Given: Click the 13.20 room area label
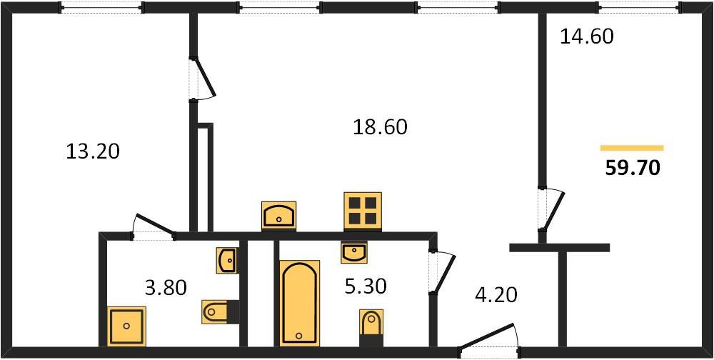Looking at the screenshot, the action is pyautogui.click(x=93, y=151).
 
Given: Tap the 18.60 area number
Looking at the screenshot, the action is pyautogui.click(x=380, y=127).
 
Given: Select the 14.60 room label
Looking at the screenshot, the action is pyautogui.click(x=586, y=36).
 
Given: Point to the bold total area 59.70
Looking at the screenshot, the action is pyautogui.click(x=633, y=169).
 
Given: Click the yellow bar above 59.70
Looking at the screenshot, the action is pyautogui.click(x=632, y=148).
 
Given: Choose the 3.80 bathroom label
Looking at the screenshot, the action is pyautogui.click(x=166, y=288).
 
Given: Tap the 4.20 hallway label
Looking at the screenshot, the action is pyautogui.click(x=496, y=295).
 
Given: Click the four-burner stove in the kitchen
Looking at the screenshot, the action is pyautogui.click(x=363, y=211).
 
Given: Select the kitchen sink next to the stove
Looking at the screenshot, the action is pyautogui.click(x=278, y=215).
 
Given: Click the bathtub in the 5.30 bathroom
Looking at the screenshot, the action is pyautogui.click(x=299, y=303).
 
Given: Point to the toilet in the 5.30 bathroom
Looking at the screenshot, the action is pyautogui.click(x=371, y=327).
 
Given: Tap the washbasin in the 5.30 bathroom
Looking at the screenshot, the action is pyautogui.click(x=354, y=252).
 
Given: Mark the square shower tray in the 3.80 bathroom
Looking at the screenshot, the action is pyautogui.click(x=126, y=326).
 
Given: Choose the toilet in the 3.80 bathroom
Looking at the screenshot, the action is pyautogui.click(x=221, y=311).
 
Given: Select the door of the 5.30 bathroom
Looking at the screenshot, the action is pyautogui.click(x=441, y=271).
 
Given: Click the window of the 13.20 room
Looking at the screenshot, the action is pyautogui.click(x=102, y=7).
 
